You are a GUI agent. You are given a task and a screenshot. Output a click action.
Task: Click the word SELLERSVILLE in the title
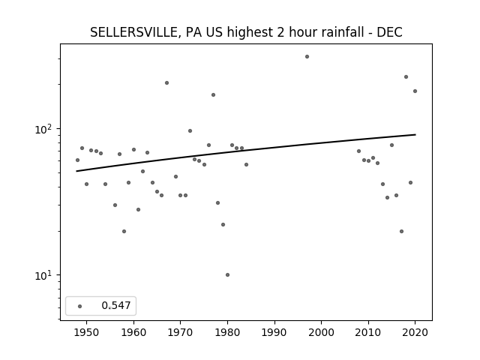tap(133, 32)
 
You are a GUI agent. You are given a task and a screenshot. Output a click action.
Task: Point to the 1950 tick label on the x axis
tap(87, 332)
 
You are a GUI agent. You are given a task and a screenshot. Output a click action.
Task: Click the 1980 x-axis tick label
tap(227, 332)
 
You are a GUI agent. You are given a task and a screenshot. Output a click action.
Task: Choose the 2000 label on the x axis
tap(322, 332)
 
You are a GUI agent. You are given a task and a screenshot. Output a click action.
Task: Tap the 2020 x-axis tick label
tap(415, 332)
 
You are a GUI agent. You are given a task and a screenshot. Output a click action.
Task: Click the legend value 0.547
tap(116, 305)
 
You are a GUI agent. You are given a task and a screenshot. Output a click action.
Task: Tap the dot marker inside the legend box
tap(80, 306)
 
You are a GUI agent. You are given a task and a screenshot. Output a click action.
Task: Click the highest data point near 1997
tap(307, 57)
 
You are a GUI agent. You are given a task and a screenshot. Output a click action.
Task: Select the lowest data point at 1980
tap(227, 275)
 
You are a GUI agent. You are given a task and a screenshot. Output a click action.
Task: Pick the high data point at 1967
tap(166, 83)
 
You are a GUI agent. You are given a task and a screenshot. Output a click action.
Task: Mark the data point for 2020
tap(415, 91)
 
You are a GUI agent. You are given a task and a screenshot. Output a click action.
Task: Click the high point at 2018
tap(406, 76)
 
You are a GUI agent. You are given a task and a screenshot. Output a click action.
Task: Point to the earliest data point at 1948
tap(77, 160)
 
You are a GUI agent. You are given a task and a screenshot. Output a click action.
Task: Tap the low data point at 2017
tap(402, 232)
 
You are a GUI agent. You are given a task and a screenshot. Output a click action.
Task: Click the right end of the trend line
tap(415, 134)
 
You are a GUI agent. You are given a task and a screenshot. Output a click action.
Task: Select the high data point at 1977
tap(213, 95)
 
